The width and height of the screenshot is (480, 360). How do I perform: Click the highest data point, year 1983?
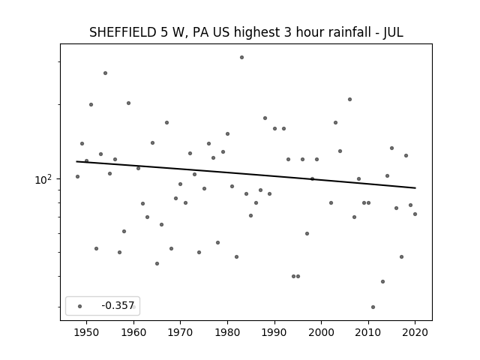(x=241, y=57)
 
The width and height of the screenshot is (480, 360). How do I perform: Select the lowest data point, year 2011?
(x=373, y=307)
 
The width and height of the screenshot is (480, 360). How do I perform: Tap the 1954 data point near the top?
(x=105, y=73)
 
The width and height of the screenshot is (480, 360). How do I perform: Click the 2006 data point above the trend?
(x=349, y=99)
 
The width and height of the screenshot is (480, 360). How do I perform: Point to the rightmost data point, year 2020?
(x=415, y=214)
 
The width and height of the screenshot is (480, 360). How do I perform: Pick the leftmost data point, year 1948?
(x=77, y=177)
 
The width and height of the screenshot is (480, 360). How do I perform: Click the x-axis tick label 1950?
(x=87, y=332)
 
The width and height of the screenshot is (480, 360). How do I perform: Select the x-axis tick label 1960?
(x=133, y=332)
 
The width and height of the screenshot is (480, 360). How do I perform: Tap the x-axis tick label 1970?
(x=180, y=332)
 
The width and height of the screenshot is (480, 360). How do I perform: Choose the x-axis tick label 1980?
(x=227, y=332)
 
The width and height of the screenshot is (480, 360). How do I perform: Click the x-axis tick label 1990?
(x=274, y=332)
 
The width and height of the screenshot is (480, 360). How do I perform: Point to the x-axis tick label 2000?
(x=322, y=332)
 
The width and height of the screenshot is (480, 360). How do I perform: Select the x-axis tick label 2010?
(x=368, y=332)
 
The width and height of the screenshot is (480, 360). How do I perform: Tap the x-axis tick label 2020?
(x=415, y=332)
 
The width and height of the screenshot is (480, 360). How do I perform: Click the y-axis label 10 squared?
(x=43, y=179)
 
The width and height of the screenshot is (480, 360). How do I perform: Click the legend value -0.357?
(x=118, y=305)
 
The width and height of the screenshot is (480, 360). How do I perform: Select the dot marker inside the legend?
(x=79, y=306)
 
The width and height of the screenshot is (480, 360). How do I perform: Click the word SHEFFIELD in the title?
(x=122, y=32)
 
